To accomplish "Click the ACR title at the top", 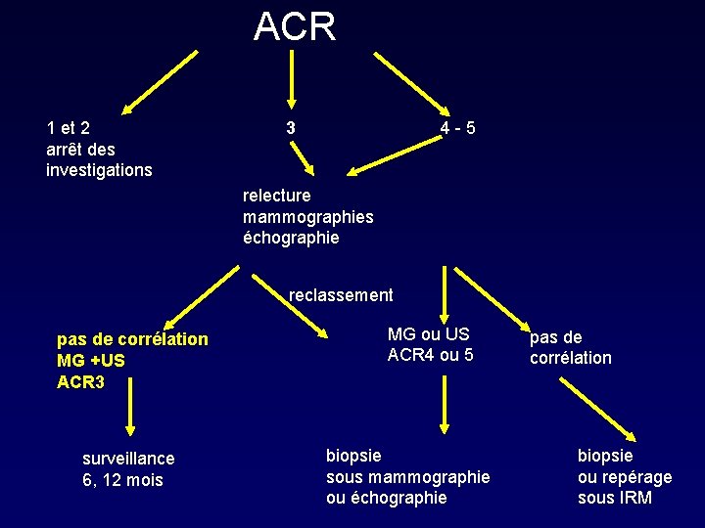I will click(294, 26).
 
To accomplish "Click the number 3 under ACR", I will click(290, 127).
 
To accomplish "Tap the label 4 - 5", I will click(457, 128).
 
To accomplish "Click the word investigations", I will click(99, 170).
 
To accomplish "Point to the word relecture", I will click(276, 196).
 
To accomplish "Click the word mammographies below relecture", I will click(307, 216).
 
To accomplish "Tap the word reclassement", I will click(341, 295).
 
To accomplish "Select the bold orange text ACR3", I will click(80, 381).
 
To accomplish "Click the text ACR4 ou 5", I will click(430, 355).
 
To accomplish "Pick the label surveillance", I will click(128, 459).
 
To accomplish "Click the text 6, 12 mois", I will click(122, 480).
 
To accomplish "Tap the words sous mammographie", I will click(407, 476).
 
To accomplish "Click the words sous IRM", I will click(614, 498).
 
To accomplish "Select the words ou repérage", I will click(625, 476).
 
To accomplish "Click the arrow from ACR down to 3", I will click(291, 78).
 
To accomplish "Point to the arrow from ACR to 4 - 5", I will click(411, 84).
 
